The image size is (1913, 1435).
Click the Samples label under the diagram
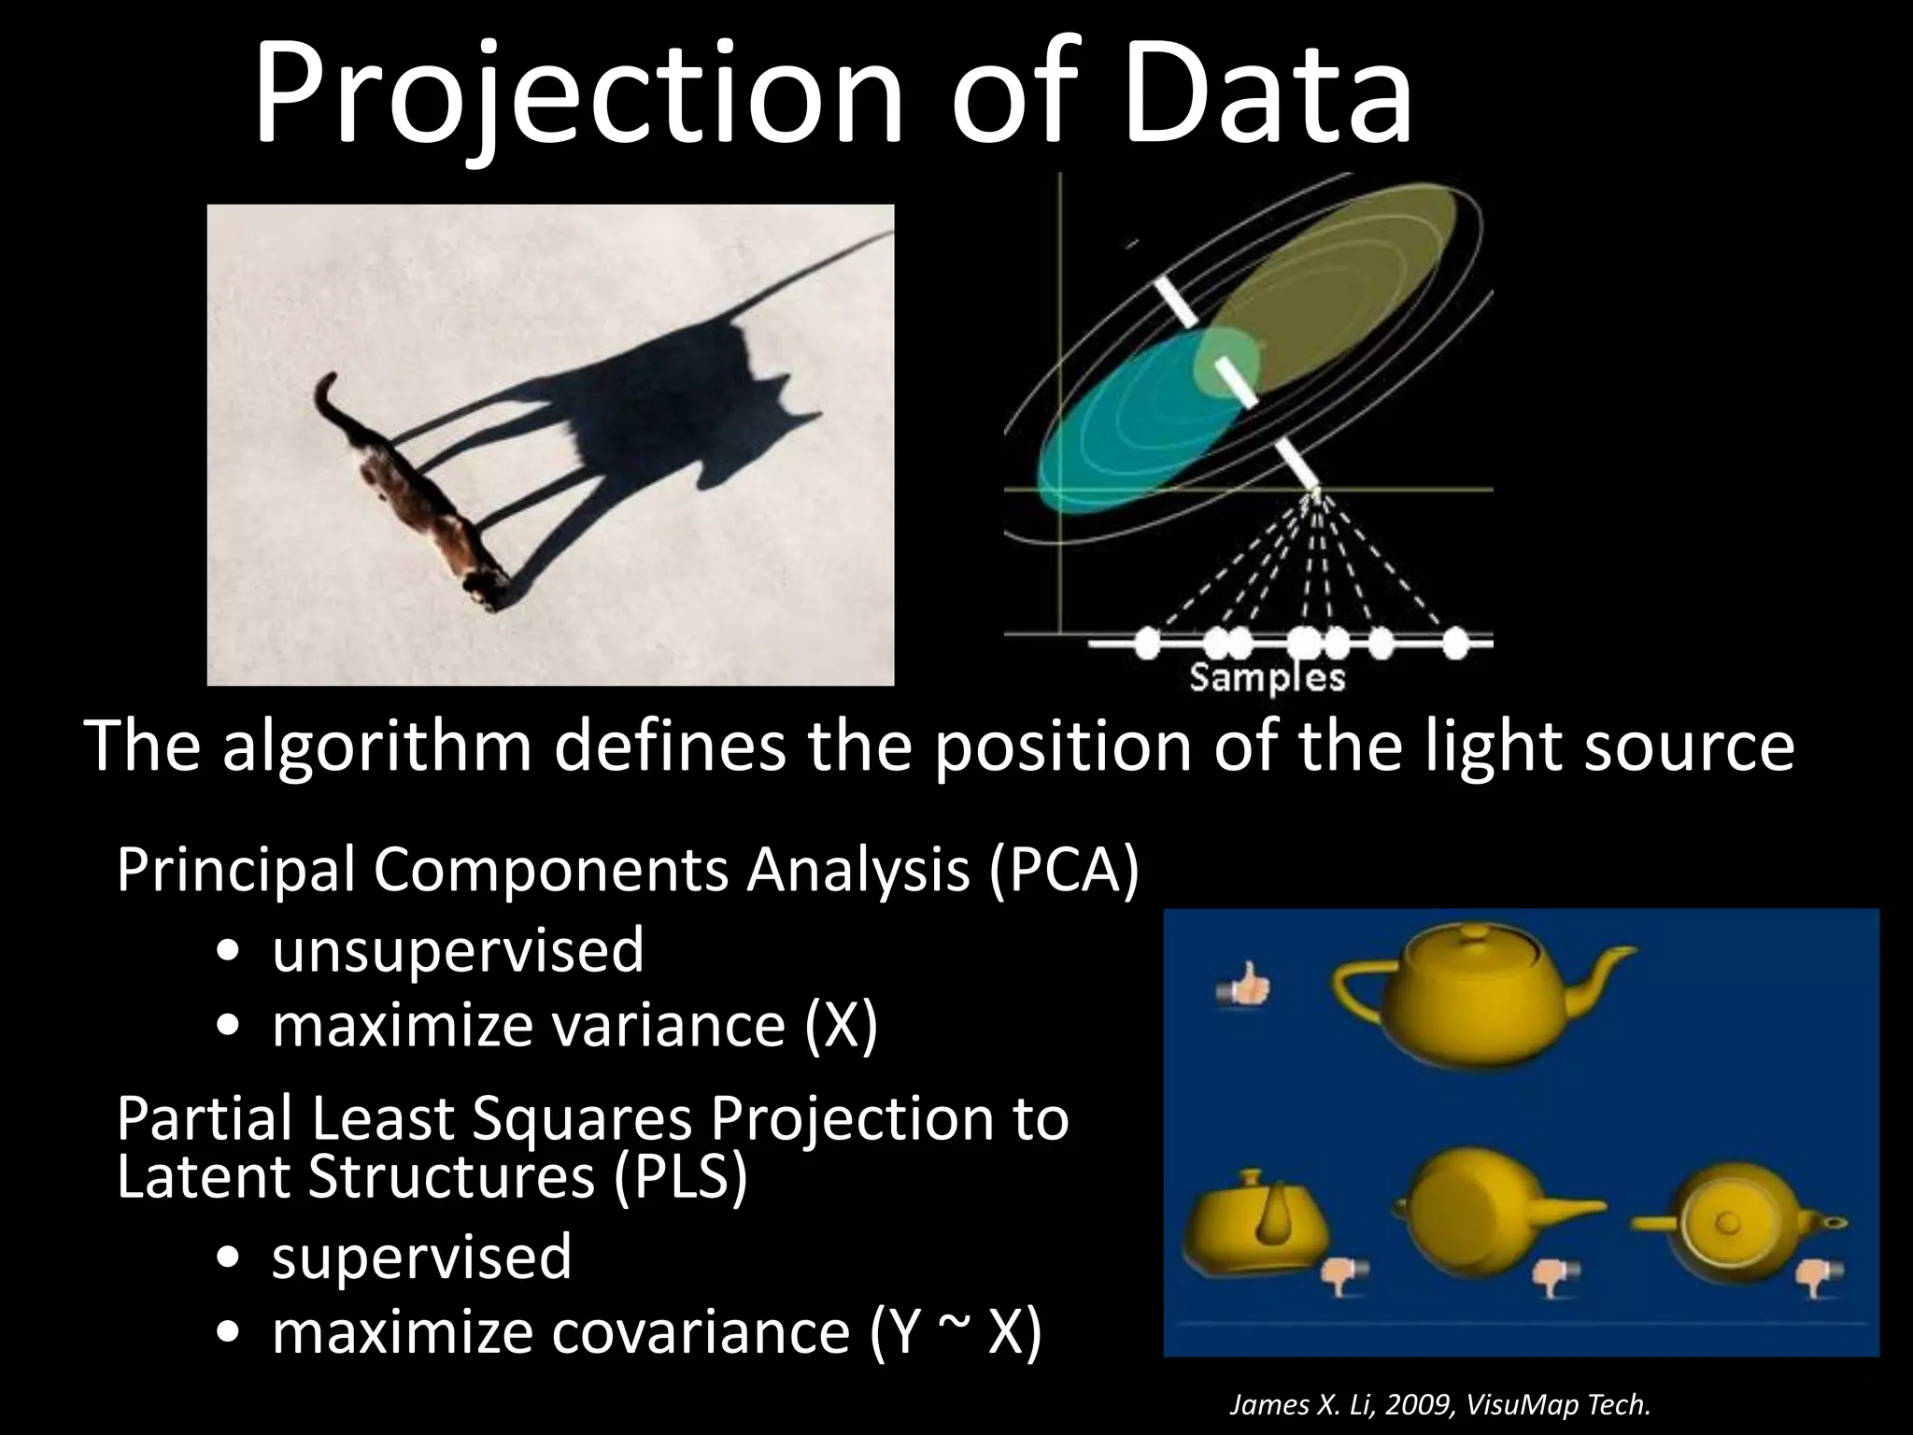click(1267, 677)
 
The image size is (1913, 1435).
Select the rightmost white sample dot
click(1455, 642)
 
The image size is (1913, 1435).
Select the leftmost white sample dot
click(1147, 642)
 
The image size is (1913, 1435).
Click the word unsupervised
click(458, 950)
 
